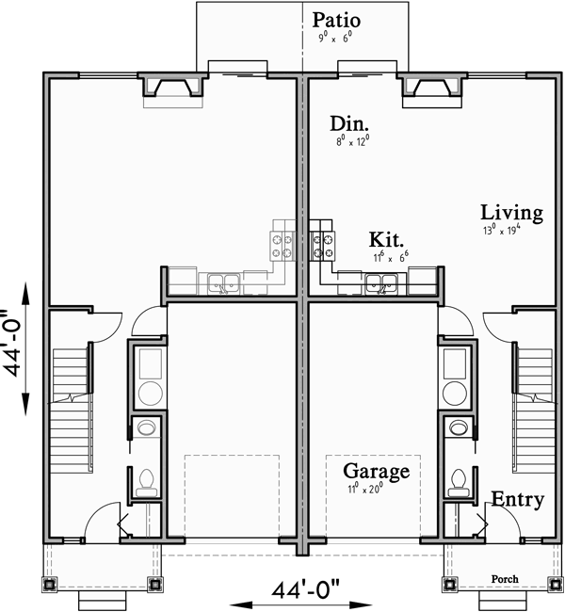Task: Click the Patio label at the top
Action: coord(337,20)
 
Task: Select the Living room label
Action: coord(511,213)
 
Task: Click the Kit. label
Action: coord(387,239)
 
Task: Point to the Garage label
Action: coord(376,471)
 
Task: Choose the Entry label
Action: coord(518,499)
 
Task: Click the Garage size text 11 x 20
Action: coord(366,488)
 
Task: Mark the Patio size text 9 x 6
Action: coord(337,39)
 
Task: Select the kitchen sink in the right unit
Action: coord(381,281)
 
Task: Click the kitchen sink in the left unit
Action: coord(224,281)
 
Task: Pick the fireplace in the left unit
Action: coord(171,88)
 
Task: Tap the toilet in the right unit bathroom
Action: coord(459,483)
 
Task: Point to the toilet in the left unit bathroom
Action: coord(146,483)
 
